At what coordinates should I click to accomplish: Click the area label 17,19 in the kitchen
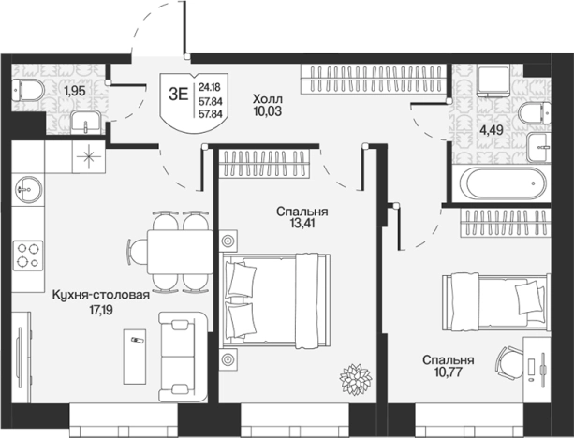(101, 311)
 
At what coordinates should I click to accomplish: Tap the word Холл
(268, 99)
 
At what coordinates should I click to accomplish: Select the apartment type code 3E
(178, 95)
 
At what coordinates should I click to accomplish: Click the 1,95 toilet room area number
(75, 91)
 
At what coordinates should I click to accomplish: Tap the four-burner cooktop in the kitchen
(28, 255)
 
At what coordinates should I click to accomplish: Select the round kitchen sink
(28, 189)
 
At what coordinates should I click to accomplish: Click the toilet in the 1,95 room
(28, 90)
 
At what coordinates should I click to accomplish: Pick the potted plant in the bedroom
(355, 379)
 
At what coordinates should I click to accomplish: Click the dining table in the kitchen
(180, 252)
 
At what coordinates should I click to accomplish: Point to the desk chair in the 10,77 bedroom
(509, 360)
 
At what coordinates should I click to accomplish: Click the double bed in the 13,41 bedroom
(276, 300)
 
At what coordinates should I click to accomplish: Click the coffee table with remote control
(135, 357)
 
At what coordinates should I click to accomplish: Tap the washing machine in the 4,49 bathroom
(493, 80)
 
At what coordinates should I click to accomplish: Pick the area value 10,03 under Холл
(268, 111)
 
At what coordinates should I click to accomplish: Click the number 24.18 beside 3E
(209, 87)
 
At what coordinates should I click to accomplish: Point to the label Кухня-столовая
(101, 295)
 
